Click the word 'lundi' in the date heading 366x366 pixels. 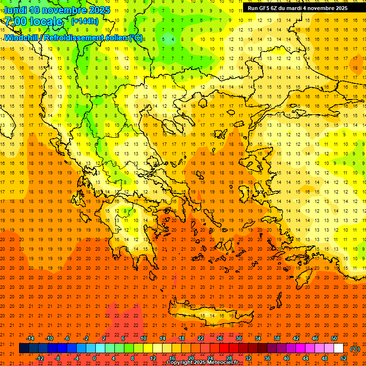(16, 10)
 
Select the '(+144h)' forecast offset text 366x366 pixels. (84, 21)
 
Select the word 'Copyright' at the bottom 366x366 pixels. (180, 363)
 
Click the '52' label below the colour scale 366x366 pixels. (344, 358)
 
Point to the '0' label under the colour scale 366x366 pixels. (94, 358)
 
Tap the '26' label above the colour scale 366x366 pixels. (220, 338)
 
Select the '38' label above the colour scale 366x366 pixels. (277, 338)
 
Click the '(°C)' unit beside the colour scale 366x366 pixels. (355, 349)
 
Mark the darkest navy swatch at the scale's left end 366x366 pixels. (24, 348)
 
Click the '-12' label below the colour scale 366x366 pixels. (40, 358)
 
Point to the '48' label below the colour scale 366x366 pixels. (325, 358)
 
